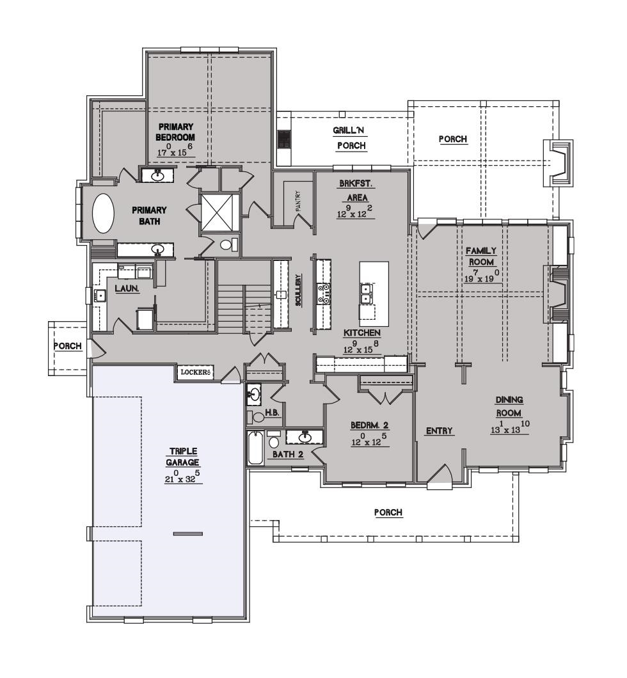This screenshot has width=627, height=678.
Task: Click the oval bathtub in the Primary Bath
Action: [x=104, y=213]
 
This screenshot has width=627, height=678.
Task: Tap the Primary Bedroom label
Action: [x=175, y=132]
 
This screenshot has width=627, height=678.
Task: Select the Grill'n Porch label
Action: [x=351, y=138]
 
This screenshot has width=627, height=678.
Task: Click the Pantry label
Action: [x=298, y=201]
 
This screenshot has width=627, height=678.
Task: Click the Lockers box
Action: [x=195, y=372]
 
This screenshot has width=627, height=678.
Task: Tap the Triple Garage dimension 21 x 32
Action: [x=182, y=477]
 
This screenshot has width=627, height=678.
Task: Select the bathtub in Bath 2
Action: [x=255, y=448]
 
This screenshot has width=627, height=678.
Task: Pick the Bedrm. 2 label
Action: [x=369, y=425]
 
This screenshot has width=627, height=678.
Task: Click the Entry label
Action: [x=439, y=430]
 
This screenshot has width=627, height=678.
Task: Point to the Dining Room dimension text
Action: [x=510, y=428]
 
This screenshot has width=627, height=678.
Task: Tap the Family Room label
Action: [x=481, y=256]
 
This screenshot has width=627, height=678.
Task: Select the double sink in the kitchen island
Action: [x=366, y=293]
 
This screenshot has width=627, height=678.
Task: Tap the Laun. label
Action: [x=127, y=288]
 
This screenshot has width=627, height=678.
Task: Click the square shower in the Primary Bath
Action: [x=221, y=213]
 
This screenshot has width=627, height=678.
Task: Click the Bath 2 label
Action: [x=289, y=454]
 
